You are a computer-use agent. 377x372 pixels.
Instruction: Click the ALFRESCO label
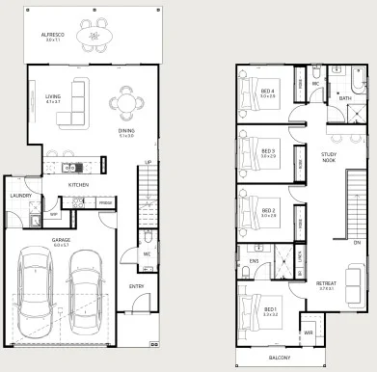tap(53, 34)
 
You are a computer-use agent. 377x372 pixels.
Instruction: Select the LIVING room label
tap(53, 95)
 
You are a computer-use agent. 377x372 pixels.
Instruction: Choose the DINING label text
tap(126, 131)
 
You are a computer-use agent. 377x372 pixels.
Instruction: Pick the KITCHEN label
tap(78, 183)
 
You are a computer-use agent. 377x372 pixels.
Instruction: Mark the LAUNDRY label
tap(21, 196)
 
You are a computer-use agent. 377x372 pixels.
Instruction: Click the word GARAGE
tap(61, 240)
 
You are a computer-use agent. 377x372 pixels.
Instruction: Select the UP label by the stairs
tap(148, 162)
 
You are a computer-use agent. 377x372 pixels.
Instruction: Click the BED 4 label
tap(268, 91)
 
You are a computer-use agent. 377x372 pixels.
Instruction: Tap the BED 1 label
tap(270, 308)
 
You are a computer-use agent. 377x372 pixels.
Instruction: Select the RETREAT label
tap(325, 283)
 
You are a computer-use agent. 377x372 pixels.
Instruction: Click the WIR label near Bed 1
tap(309, 333)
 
